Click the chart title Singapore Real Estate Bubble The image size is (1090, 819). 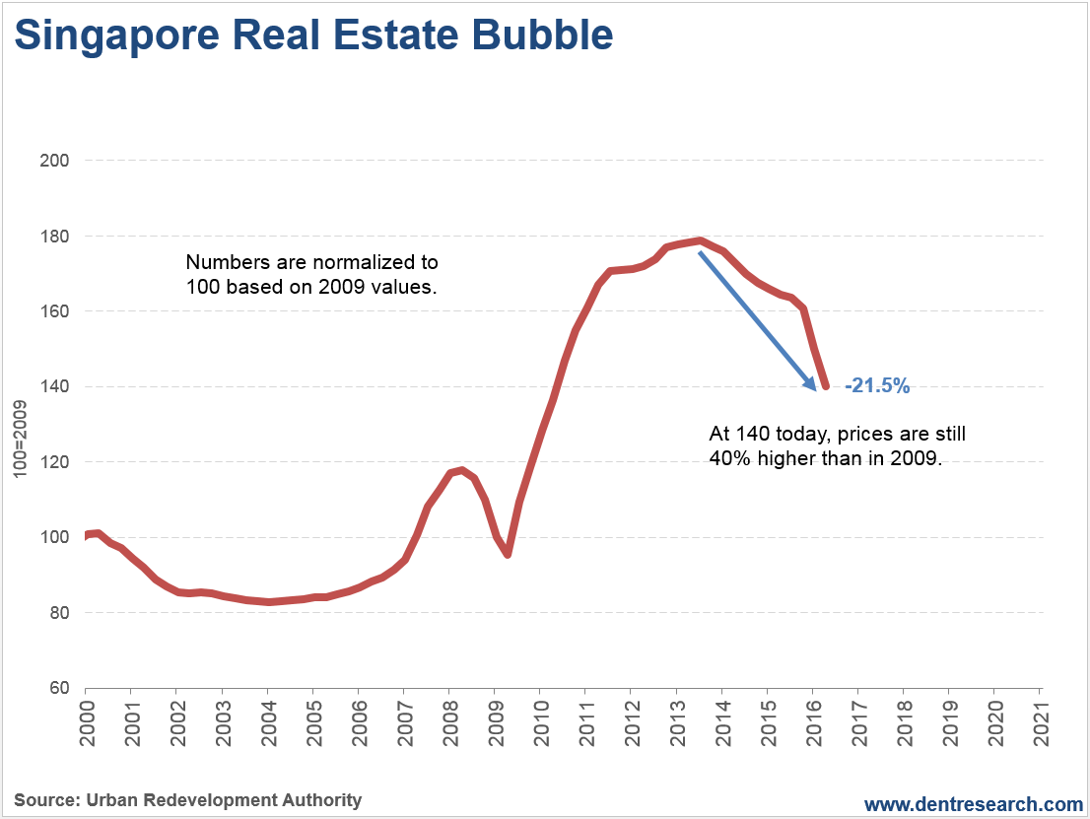coord(313,36)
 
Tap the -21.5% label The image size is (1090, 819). coord(877,386)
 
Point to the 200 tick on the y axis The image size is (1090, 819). coord(57,161)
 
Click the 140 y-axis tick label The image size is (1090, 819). coord(57,386)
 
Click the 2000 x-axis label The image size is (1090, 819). coord(86,720)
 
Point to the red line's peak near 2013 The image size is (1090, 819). coord(699,240)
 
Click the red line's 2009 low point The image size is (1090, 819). coord(508,554)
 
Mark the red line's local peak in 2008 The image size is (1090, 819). coord(461,470)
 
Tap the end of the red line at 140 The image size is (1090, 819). coord(825,385)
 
